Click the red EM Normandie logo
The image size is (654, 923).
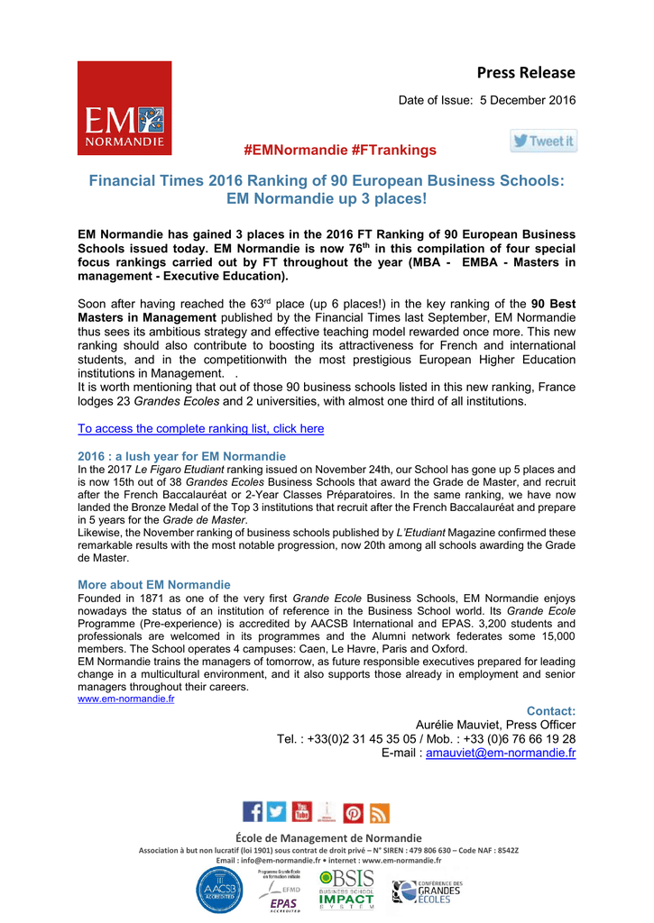tap(124, 108)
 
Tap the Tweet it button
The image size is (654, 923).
tap(543, 142)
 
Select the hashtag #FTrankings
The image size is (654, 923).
tap(393, 150)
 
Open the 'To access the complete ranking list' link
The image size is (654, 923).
tap(200, 429)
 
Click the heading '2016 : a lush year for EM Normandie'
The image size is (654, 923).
tap(181, 456)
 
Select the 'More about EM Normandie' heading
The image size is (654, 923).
tap(153, 584)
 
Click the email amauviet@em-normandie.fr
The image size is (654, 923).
tap(501, 753)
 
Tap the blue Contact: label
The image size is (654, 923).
tap(551, 711)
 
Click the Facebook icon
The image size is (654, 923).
tap(253, 812)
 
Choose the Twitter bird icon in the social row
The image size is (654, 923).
tap(276, 812)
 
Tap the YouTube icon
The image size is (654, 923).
tap(301, 812)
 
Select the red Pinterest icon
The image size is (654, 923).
tap(354, 813)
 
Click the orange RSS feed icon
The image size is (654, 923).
tap(380, 813)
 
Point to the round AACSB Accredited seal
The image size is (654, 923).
tap(219, 890)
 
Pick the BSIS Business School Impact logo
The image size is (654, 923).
tap(347, 890)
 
